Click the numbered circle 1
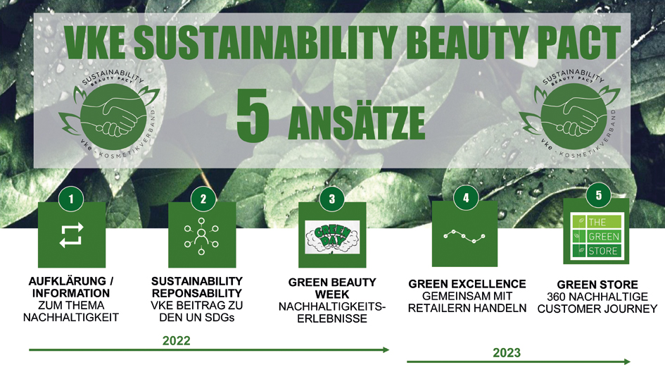tap(71, 199)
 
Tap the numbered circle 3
tap(331, 199)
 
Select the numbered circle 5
tap(598, 195)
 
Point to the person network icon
tap(201, 237)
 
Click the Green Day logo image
tap(332, 237)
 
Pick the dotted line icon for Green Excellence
tap(464, 236)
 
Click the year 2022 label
tap(177, 340)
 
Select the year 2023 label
tap(507, 352)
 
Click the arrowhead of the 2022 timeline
tap(386, 349)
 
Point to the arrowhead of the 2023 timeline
tap(627, 361)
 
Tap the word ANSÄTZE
tap(356, 123)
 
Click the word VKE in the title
tap(95, 42)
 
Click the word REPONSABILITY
tap(197, 293)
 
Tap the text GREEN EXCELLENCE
tap(467, 284)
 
